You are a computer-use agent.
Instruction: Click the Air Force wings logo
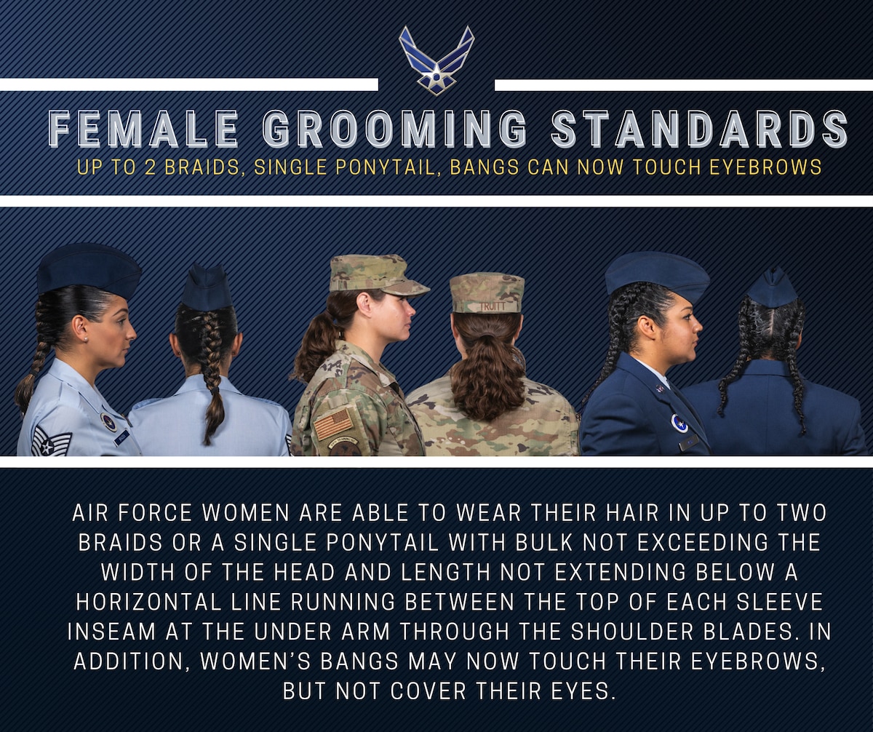point(436,60)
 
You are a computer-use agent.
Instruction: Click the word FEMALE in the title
point(143,130)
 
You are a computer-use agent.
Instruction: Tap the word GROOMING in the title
point(394,130)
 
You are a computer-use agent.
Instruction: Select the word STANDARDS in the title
point(699,130)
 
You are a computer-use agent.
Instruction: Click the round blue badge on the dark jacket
point(679,423)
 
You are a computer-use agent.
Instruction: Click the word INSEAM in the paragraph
point(112,631)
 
